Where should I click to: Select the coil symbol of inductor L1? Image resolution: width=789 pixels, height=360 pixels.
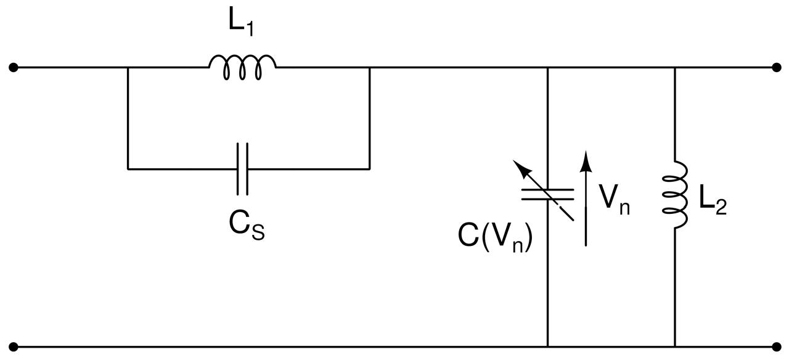pos(242,67)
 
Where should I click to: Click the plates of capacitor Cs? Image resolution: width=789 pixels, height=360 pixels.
pos(242,168)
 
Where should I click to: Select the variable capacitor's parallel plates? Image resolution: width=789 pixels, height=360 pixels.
pos(547,194)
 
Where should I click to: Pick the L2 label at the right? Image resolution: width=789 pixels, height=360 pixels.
pos(713,201)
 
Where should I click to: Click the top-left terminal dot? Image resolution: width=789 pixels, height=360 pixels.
pos(14,67)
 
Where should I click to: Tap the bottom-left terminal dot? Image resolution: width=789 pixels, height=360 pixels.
pos(14,347)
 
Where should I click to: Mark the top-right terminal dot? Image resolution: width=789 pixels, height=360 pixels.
pos(776,67)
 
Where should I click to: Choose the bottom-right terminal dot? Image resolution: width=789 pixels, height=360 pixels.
pos(776,347)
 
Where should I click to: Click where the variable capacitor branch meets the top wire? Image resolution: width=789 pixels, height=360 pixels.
pos(547,67)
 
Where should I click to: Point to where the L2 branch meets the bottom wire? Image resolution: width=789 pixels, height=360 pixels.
pos(674,347)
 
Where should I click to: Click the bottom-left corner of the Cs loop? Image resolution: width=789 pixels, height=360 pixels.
pos(128,168)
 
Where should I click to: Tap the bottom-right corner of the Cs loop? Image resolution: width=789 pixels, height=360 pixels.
pos(369,168)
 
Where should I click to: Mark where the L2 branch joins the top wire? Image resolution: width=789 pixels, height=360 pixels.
pos(674,67)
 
